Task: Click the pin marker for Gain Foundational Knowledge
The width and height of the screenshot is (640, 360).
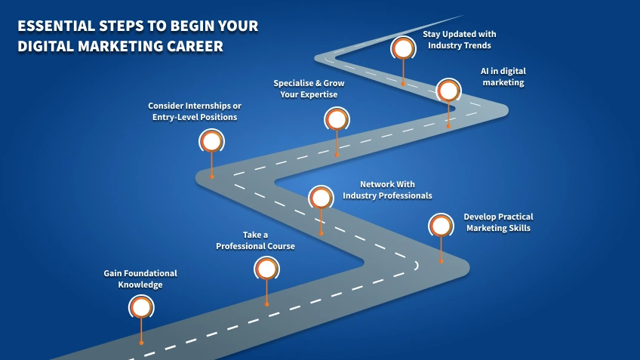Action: tap(141, 307)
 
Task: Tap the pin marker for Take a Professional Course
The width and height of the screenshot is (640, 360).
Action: tap(266, 269)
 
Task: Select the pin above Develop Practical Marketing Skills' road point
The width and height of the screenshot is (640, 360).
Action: tap(441, 226)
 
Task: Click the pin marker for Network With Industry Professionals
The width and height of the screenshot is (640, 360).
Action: tap(321, 198)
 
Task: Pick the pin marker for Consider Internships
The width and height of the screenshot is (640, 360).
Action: tap(211, 141)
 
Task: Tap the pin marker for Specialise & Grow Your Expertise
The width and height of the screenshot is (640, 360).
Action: tap(337, 119)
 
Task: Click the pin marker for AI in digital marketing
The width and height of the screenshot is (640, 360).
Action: tap(448, 91)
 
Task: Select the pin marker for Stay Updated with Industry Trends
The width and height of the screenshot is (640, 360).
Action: tap(403, 48)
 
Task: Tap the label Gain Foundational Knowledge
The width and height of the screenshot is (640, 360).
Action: tap(140, 278)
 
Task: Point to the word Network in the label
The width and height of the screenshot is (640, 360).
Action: tap(375, 184)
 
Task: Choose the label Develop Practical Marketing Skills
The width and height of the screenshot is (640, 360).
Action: tap(498, 222)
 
